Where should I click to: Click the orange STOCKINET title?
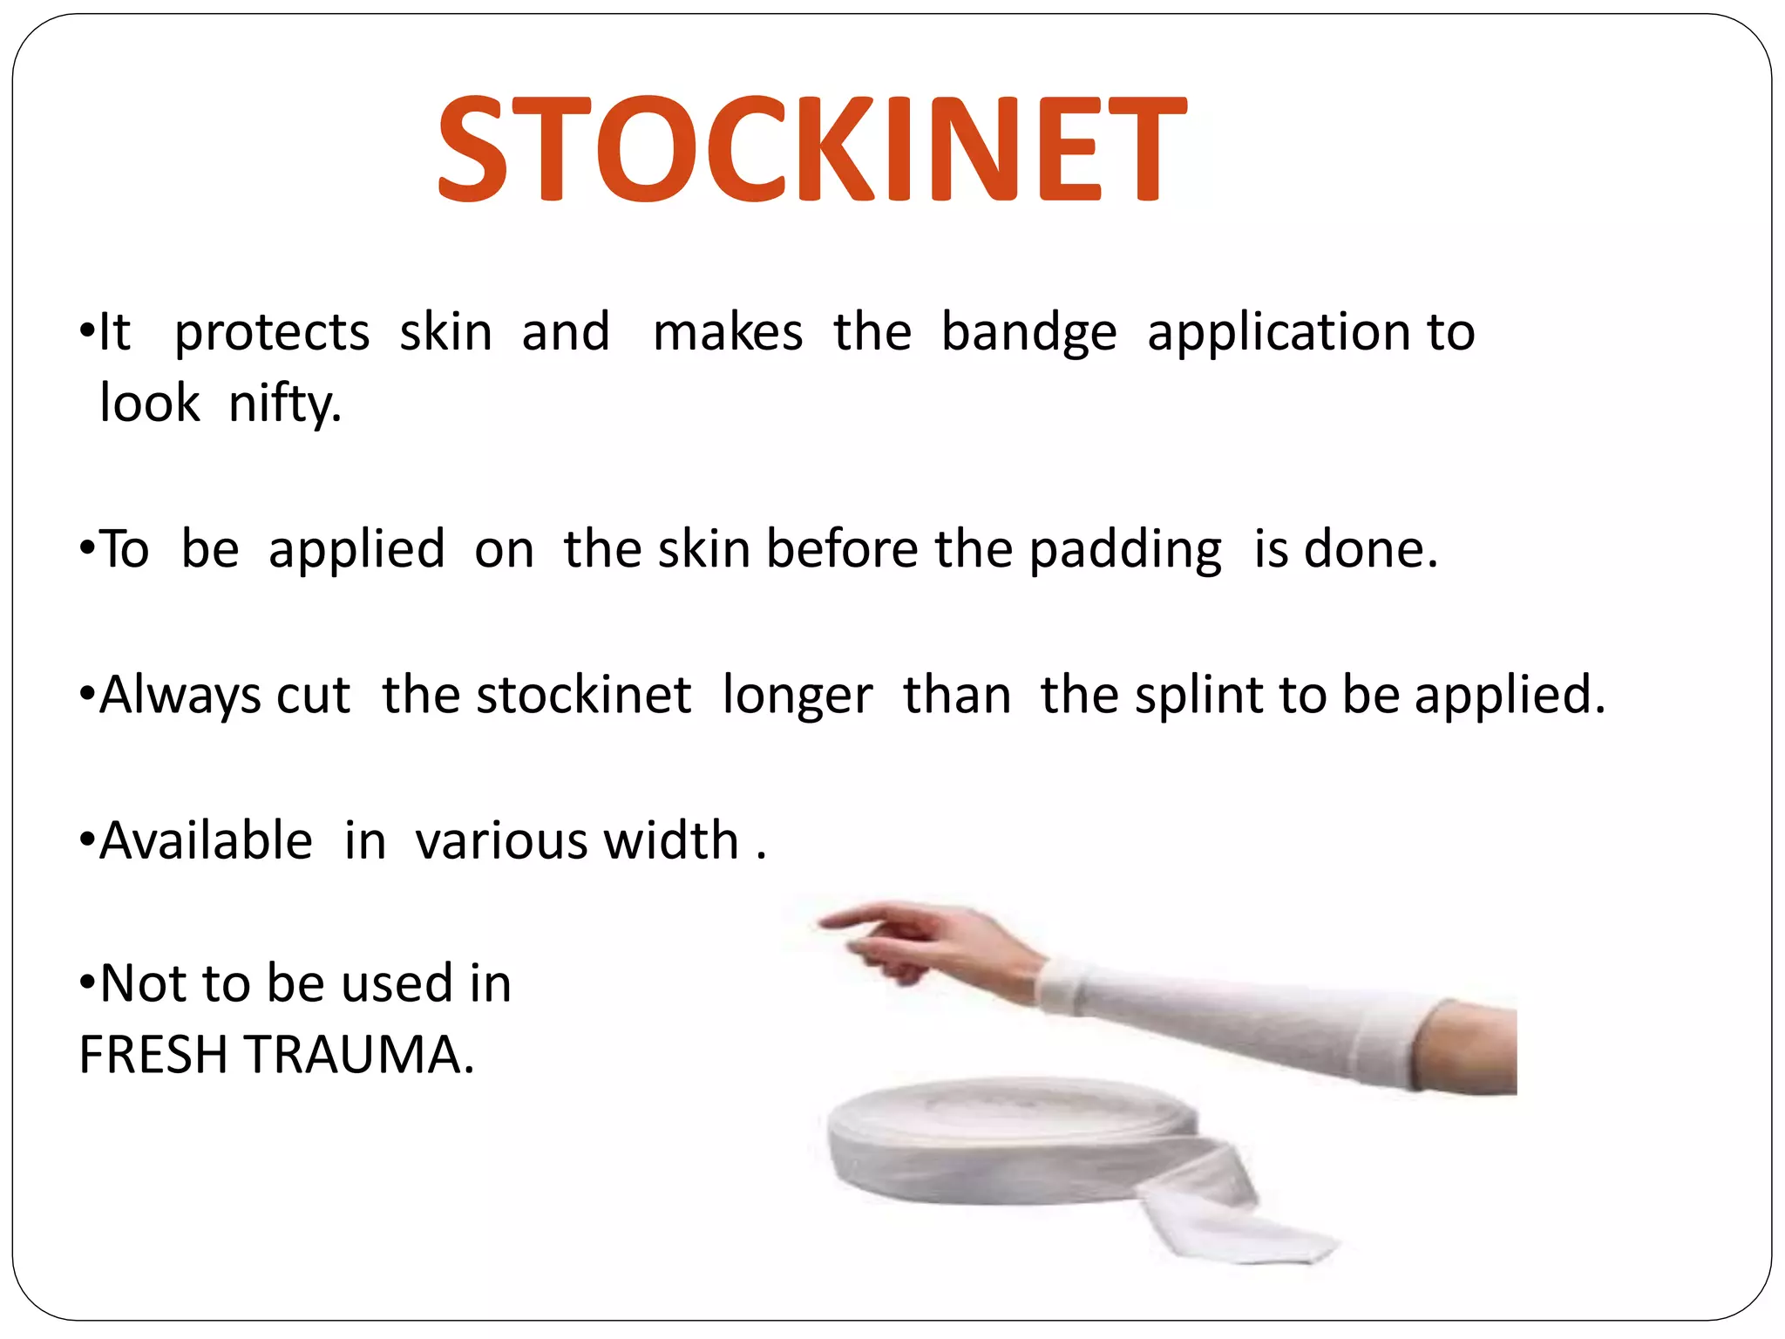click(811, 148)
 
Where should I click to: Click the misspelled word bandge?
click(1028, 333)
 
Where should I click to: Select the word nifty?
click(284, 404)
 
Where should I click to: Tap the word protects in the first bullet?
click(272, 333)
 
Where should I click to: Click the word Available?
click(206, 841)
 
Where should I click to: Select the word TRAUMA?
click(357, 1055)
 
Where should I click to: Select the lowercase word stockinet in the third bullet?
click(583, 696)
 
